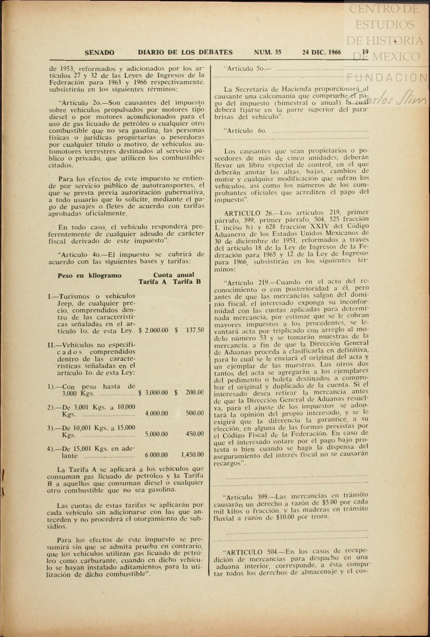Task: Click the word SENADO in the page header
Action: point(100,52)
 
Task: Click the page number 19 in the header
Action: point(365,52)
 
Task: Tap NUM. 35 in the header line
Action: point(267,52)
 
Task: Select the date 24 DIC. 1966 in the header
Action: point(322,52)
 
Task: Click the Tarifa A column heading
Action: point(152,282)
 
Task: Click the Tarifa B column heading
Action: point(187,282)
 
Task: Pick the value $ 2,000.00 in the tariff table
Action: point(153,330)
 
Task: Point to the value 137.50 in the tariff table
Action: point(195,330)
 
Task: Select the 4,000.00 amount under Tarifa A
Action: point(156,413)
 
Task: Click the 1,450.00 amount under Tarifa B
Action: point(192,455)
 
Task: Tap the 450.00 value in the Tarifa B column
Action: point(195,434)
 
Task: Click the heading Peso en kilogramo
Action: point(89,276)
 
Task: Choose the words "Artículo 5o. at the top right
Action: point(244,69)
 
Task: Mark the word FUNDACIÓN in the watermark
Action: point(387,77)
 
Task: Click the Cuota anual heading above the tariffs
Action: point(174,275)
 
